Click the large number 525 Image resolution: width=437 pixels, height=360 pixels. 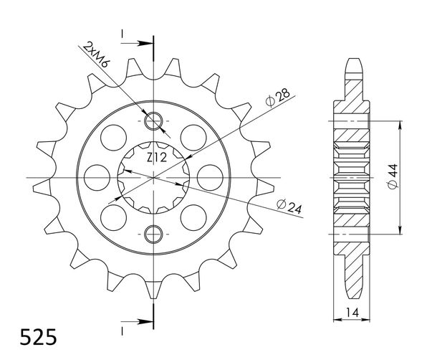tap(38, 337)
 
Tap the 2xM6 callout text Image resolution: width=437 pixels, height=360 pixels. tap(97, 55)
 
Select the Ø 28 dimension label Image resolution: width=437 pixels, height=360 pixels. tap(278, 98)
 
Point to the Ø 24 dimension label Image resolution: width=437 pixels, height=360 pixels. tap(289, 207)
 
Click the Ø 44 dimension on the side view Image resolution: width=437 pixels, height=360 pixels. tap(393, 177)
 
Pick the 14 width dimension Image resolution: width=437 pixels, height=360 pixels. tap(352, 313)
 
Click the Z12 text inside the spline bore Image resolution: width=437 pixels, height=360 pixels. tap(157, 158)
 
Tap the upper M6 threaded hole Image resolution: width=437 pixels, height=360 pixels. tap(153, 121)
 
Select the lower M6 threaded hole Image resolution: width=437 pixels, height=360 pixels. tap(153, 234)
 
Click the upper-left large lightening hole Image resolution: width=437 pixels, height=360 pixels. tap(113, 138)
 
